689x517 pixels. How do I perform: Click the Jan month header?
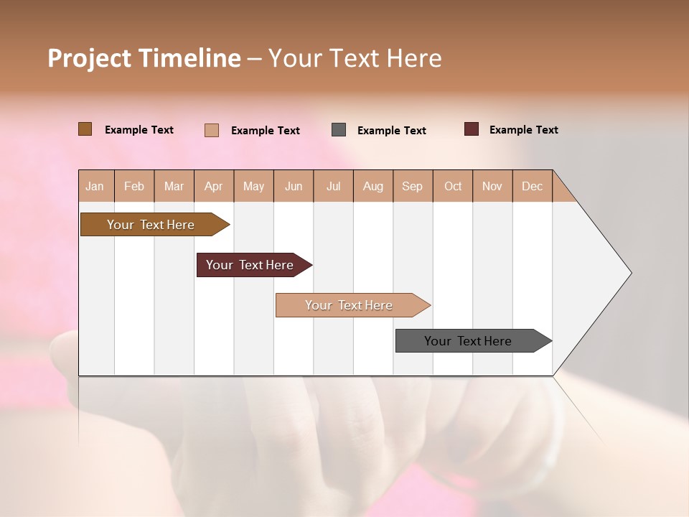coord(95,186)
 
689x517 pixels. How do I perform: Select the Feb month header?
coord(134,186)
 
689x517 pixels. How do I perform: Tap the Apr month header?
coord(214,186)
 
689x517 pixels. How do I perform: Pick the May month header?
coord(253,186)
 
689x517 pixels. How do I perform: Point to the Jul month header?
coord(334,186)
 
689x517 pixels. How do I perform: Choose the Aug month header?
coord(373,186)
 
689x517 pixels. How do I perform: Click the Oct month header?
coord(453,186)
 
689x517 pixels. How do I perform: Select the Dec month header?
coord(533,186)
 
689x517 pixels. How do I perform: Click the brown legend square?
coord(85,129)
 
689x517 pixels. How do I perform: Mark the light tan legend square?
coord(212,130)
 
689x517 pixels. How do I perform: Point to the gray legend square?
coord(339,130)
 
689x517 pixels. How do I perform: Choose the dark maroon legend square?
coord(472,129)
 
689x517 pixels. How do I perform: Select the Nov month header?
coord(492,186)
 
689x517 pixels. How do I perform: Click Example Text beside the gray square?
coord(392,131)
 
